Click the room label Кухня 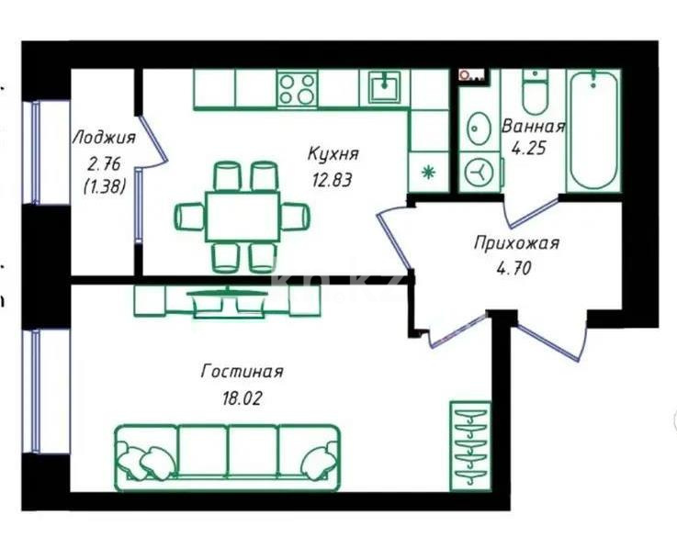[x=333, y=153]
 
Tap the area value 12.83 [x=333, y=180]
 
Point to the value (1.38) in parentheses [x=103, y=186]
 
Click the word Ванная [x=532, y=127]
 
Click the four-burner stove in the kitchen [x=298, y=90]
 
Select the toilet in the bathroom [x=534, y=91]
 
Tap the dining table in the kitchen [x=242, y=216]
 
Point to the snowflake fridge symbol [x=426, y=172]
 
